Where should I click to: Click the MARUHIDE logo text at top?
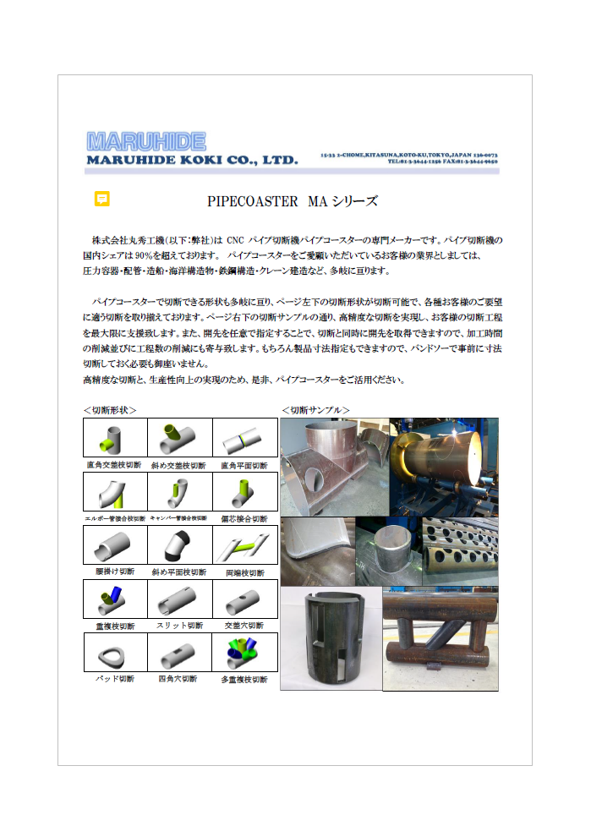(x=145, y=140)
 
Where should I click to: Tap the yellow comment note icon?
(x=102, y=199)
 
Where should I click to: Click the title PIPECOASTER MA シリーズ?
(x=292, y=202)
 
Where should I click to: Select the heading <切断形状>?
(x=110, y=410)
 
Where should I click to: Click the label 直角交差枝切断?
(x=114, y=465)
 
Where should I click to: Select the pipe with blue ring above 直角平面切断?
(x=244, y=440)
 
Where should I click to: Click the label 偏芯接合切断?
(x=244, y=518)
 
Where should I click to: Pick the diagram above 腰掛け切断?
(x=114, y=545)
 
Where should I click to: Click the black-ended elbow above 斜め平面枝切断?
(x=178, y=545)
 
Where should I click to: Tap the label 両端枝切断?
(x=244, y=572)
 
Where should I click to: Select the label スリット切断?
(x=178, y=626)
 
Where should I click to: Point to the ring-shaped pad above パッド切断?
(x=114, y=653)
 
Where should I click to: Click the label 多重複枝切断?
(x=244, y=679)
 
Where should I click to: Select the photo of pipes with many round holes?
(x=460, y=551)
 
